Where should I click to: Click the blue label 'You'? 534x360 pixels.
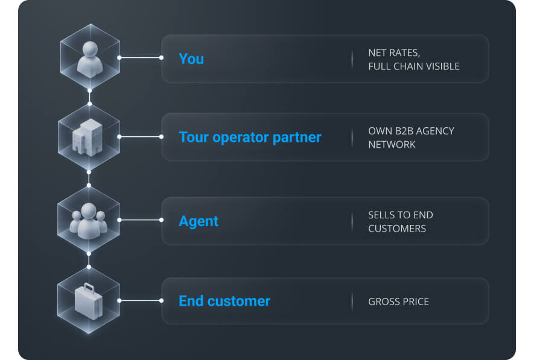[191, 59]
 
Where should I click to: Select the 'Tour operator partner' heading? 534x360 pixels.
[250, 137]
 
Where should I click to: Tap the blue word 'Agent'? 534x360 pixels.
[199, 221]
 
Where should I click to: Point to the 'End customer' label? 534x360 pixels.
[224, 301]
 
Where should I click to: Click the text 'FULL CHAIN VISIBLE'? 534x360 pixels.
[414, 66]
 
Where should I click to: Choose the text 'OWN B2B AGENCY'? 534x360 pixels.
[411, 131]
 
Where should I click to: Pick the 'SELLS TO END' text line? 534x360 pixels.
[401, 215]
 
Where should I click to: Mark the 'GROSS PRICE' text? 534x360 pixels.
[398, 302]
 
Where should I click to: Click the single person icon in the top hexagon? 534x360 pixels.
[90, 59]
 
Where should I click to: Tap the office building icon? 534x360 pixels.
[87, 137]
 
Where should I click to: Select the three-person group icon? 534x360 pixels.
[89, 221]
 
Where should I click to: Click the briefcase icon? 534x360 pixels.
[89, 302]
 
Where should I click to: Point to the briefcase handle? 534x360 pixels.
[89, 288]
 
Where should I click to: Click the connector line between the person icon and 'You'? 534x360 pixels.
[141, 58]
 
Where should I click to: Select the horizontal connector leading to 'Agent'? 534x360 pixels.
[141, 220]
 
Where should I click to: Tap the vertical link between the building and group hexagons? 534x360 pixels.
[89, 178]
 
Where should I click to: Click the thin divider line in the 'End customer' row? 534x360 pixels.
[352, 301]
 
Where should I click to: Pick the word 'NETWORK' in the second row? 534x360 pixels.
[392, 145]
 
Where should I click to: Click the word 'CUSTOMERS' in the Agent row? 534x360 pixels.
[397, 229]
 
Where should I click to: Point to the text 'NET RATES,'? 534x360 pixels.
[394, 53]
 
